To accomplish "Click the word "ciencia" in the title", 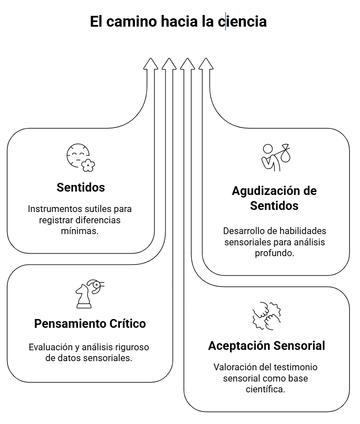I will click(242, 22).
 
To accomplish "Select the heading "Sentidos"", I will click(81, 187).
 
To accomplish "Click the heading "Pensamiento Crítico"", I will click(90, 324).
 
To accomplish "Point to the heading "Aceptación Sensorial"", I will click(266, 346).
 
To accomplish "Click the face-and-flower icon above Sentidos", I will click(80, 157).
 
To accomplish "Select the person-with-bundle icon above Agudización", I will click(275, 157).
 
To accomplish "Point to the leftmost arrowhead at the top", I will click(151, 64).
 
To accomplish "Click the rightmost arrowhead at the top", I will click(206, 64).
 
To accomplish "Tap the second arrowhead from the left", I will click(169, 64).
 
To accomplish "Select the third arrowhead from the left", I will click(187, 64).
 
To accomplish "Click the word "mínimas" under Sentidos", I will click(80, 230).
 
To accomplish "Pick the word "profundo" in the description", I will click(275, 252).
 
